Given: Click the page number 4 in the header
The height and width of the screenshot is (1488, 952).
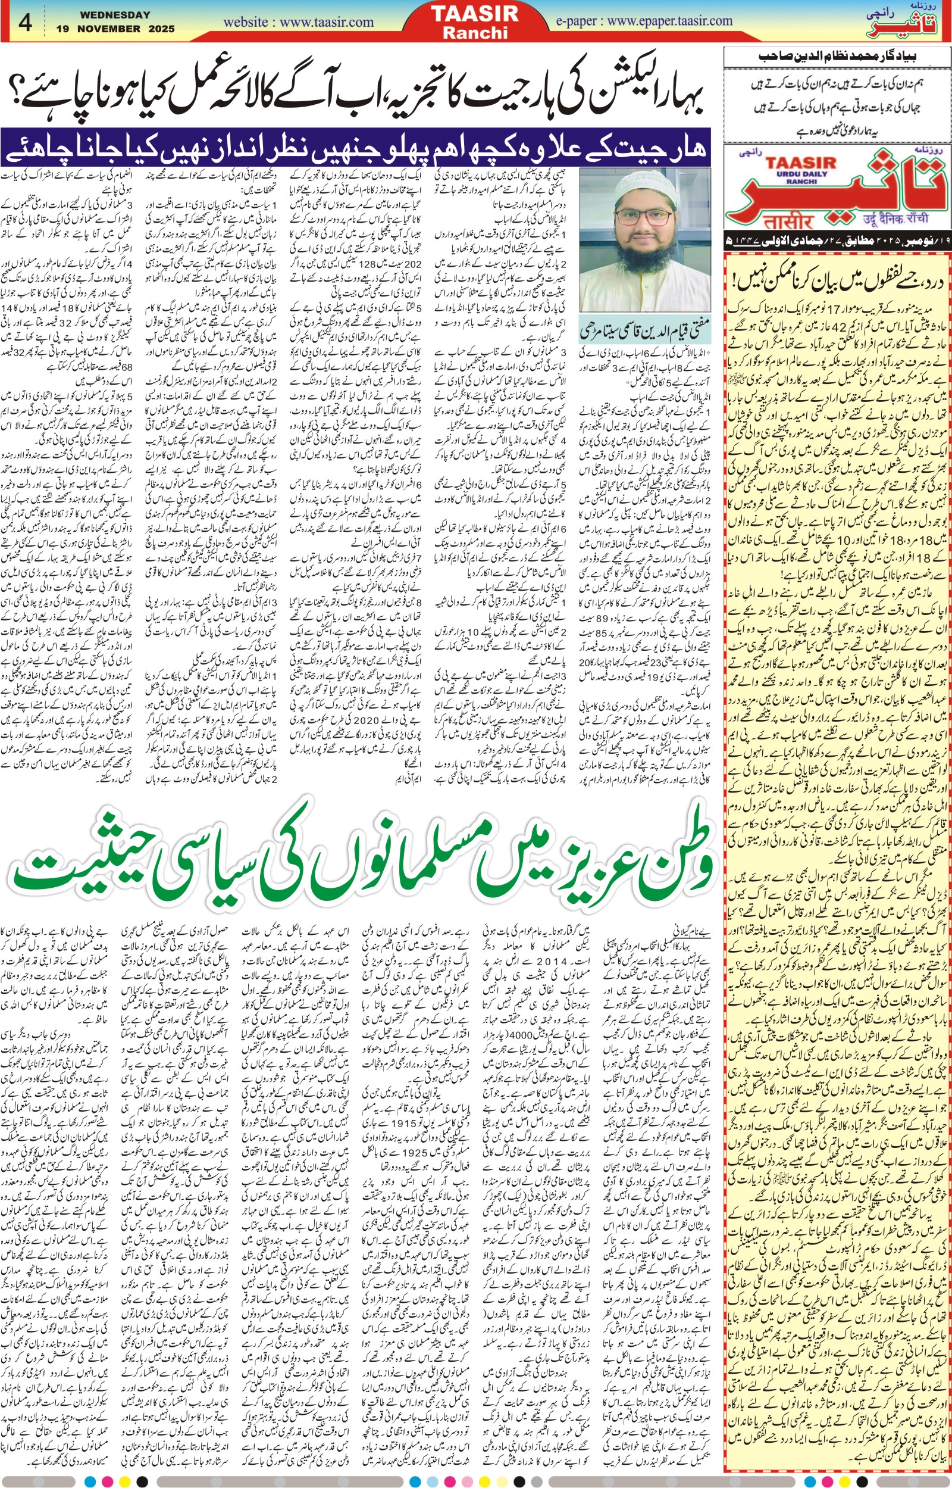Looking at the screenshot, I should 26,22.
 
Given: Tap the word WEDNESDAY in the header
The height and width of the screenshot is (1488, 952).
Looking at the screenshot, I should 115,14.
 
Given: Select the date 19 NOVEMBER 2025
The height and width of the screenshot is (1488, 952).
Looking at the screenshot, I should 115,29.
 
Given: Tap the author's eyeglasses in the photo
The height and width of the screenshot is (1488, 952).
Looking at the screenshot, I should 643,217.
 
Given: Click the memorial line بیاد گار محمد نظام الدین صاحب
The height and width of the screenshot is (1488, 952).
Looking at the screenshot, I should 837,57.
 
